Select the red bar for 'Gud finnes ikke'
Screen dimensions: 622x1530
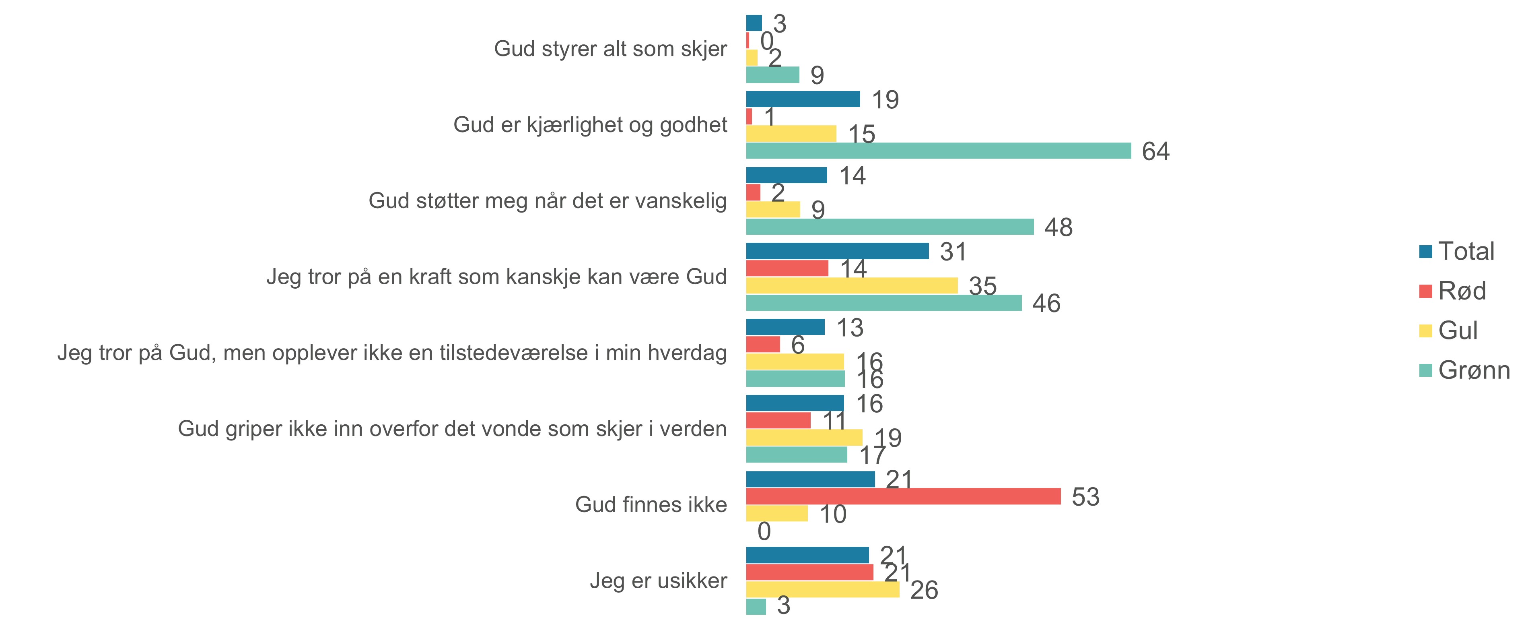tap(903, 496)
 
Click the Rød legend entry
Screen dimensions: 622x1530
tap(1452, 291)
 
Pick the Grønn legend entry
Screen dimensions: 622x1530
tap(1464, 370)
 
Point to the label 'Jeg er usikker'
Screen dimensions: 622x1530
tap(658, 581)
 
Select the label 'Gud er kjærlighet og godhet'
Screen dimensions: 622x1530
tap(590, 125)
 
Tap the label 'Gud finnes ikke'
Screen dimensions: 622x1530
tap(651, 504)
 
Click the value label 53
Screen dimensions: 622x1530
tap(1085, 497)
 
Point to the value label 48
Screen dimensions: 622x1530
tap(1058, 227)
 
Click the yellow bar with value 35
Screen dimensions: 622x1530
tap(852, 285)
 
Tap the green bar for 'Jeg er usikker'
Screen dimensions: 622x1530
tap(756, 607)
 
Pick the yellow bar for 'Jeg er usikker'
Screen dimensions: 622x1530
tap(823, 589)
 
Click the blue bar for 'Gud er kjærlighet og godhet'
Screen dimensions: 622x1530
tap(803, 99)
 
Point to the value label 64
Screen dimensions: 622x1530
tap(1155, 151)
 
